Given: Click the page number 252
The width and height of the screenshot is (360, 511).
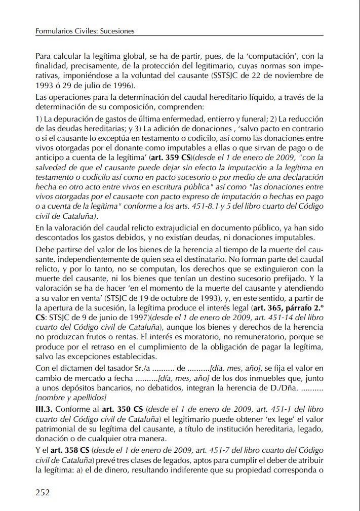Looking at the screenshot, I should click(x=43, y=492).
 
